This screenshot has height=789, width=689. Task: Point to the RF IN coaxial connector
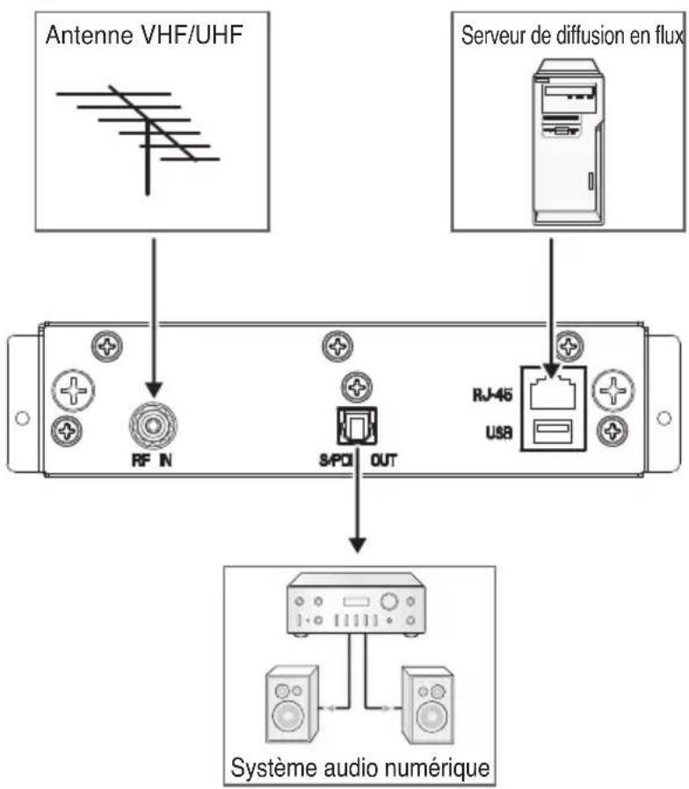coord(154,426)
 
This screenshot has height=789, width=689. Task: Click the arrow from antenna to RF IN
coord(154,316)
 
